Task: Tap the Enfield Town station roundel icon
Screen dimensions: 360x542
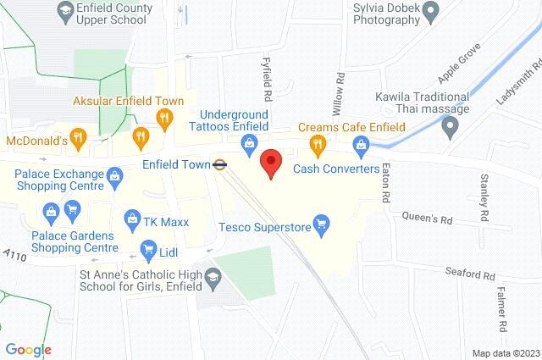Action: pyautogui.click(x=219, y=164)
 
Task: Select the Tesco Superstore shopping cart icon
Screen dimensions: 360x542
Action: pyautogui.click(x=321, y=224)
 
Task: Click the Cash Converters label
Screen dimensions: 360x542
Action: pyautogui.click(x=336, y=169)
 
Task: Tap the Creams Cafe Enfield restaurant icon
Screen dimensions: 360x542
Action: pyautogui.click(x=318, y=144)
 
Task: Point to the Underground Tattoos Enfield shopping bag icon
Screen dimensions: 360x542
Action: pyautogui.click(x=247, y=144)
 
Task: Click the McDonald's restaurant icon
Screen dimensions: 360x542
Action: pyautogui.click(x=78, y=136)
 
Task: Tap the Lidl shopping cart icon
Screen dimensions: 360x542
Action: pyautogui.click(x=149, y=252)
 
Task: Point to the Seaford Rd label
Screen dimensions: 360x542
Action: pyautogui.click(x=470, y=274)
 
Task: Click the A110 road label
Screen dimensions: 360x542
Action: pyautogui.click(x=16, y=254)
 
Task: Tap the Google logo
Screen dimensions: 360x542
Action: pyautogui.click(x=28, y=350)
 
